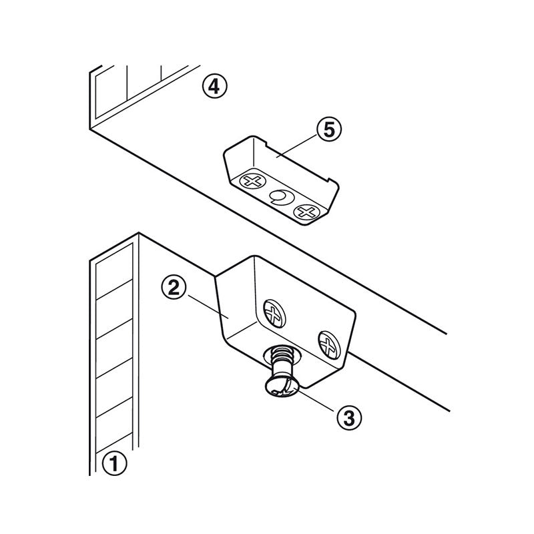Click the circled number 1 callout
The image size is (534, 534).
[114, 462]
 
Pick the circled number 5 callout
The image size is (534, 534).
[328, 130]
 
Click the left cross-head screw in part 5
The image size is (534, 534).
[252, 182]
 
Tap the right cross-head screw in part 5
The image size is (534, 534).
[307, 213]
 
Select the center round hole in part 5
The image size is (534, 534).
[280, 197]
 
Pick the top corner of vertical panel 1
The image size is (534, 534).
[138, 233]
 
